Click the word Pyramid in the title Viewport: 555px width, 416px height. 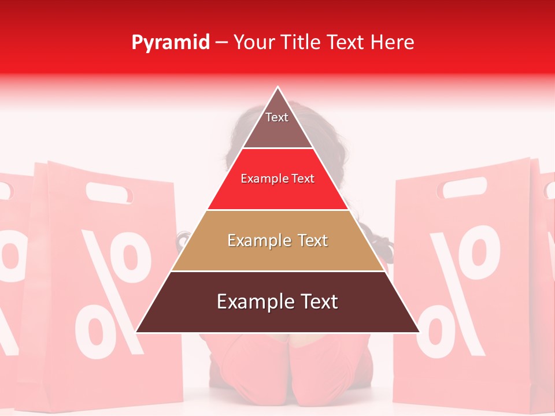click(170, 43)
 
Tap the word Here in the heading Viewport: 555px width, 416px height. click(393, 42)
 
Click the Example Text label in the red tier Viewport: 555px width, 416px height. click(277, 179)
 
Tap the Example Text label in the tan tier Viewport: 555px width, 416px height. click(277, 240)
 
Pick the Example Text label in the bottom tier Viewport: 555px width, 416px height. click(277, 302)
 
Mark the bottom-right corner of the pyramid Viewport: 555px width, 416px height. click(419, 332)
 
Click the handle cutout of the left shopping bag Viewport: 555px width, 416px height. click(108, 192)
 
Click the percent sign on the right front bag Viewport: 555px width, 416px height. click(457, 289)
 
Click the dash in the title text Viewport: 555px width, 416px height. click(221, 43)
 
